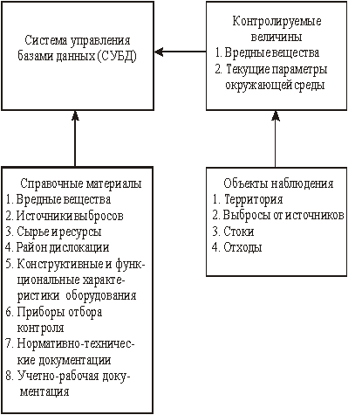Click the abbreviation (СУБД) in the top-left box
pyautogui.click(x=117, y=56)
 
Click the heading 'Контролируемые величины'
pyautogui.click(x=277, y=29)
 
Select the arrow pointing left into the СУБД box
pyautogui.click(x=181, y=52)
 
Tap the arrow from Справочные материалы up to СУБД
pyautogui.click(x=75, y=138)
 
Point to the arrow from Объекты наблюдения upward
pyautogui.click(x=276, y=139)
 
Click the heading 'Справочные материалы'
pyautogui.click(x=81, y=184)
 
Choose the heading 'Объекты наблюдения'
pyautogui.click(x=278, y=183)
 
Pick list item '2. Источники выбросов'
pyautogui.click(x=65, y=216)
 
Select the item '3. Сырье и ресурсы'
pyautogui.click(x=53, y=232)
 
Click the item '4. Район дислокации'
pyautogui.click(x=58, y=247)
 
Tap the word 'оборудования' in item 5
pyautogui.click(x=101, y=295)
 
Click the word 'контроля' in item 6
pyautogui.click(x=40, y=328)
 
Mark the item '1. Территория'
pyautogui.click(x=248, y=199)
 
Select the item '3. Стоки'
pyautogui.click(x=233, y=232)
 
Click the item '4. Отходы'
pyautogui.click(x=236, y=247)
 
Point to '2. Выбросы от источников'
pyautogui.click(x=278, y=215)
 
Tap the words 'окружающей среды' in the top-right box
pyautogui.click(x=275, y=85)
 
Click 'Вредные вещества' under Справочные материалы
pyautogui.click(x=64, y=199)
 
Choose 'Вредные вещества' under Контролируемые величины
pyautogui.click(x=272, y=52)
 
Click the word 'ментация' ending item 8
pyautogui.click(x=44, y=391)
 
